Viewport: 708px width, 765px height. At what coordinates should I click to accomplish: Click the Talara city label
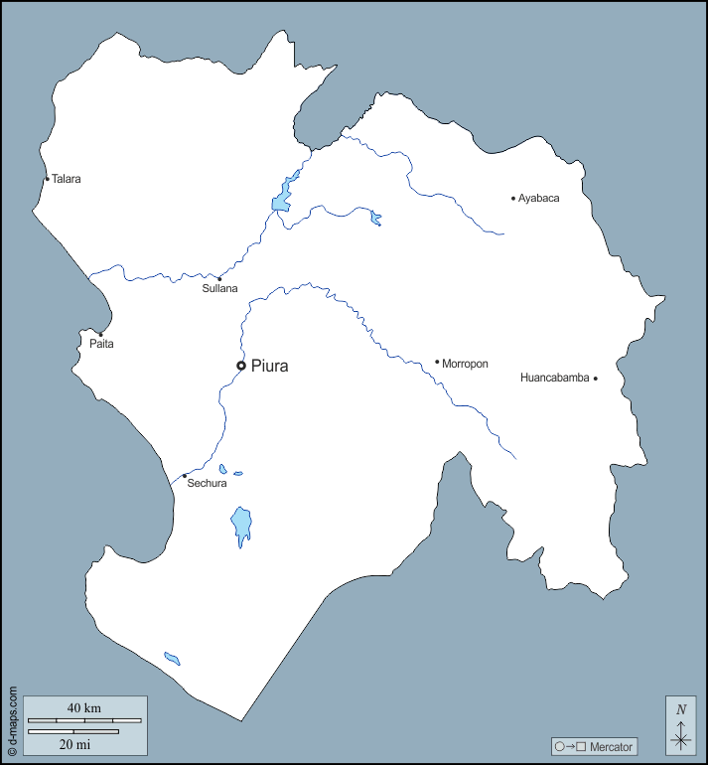coord(67,180)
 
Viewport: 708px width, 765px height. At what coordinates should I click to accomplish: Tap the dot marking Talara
coord(47,179)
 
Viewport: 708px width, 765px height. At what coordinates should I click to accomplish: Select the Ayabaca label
coord(539,199)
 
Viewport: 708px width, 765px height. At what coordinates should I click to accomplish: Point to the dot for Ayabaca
coord(513,199)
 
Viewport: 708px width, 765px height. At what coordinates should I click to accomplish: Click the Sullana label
coord(220,289)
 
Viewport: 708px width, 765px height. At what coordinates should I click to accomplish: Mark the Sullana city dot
coord(219,278)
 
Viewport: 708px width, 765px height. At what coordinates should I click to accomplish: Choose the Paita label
coord(101,344)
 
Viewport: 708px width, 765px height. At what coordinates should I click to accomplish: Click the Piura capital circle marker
coord(241,366)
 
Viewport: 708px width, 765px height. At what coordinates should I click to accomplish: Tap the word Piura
coord(270,366)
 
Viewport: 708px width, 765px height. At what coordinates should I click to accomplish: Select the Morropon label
coord(465,364)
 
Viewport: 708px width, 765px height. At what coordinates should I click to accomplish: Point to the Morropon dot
coord(437,362)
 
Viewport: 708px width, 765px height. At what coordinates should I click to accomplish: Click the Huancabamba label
coord(555,378)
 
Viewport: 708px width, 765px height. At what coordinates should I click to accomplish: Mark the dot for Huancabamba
coord(596,378)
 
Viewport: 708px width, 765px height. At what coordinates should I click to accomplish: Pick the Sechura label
coord(207,484)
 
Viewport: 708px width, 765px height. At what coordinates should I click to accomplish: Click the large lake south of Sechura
coord(240,524)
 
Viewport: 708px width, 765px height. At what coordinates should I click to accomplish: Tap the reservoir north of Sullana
coord(282,198)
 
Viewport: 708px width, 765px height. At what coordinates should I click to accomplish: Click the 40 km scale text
coord(84,707)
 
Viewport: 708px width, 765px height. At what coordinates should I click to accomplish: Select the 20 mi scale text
coord(74,743)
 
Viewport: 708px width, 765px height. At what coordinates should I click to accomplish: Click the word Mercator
coord(610,746)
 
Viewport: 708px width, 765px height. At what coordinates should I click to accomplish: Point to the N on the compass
coord(681,709)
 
